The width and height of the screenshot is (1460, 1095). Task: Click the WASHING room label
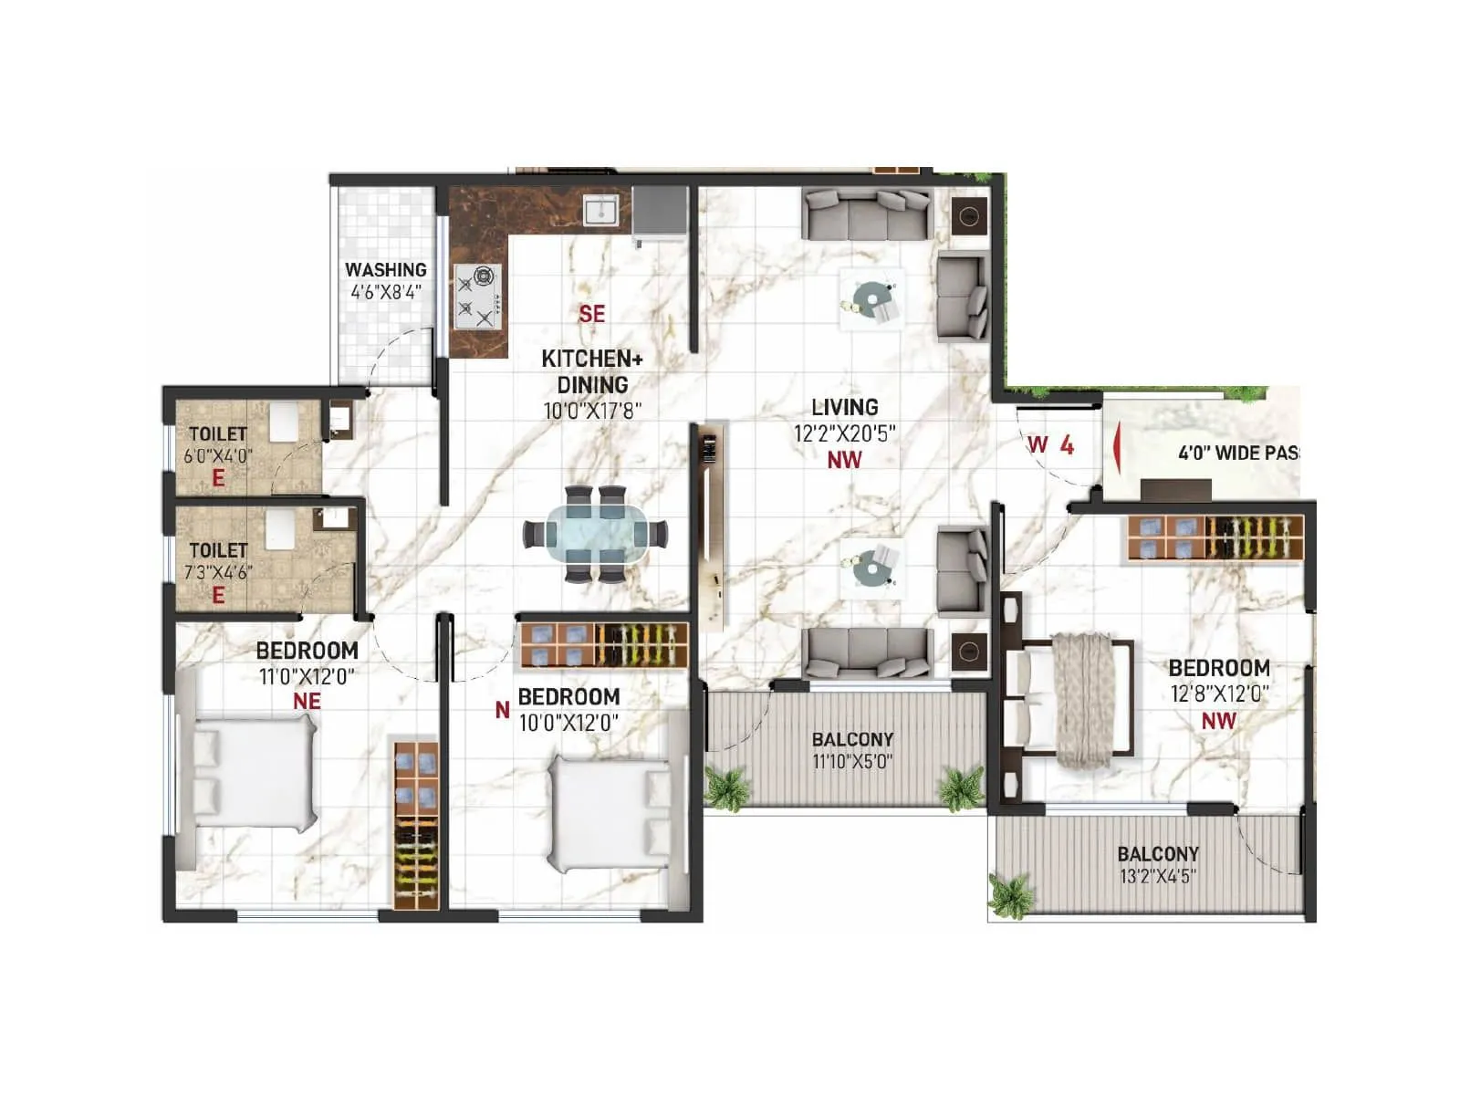pyautogui.click(x=385, y=270)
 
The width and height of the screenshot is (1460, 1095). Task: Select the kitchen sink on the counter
pyautogui.click(x=601, y=212)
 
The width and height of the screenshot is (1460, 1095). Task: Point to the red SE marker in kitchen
pyautogui.click(x=591, y=314)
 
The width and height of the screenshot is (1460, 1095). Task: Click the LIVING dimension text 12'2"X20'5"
pyautogui.click(x=844, y=433)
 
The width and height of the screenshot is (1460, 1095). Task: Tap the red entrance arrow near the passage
pyautogui.click(x=1115, y=448)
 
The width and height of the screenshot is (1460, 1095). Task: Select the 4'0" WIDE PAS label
pyautogui.click(x=1237, y=453)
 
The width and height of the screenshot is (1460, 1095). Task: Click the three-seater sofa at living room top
pyautogui.click(x=867, y=215)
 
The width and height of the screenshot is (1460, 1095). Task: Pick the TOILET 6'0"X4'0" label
pyautogui.click(x=218, y=444)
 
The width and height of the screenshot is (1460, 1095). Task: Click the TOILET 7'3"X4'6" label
pyautogui.click(x=218, y=561)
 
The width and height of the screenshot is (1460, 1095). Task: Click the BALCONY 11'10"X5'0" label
pyautogui.click(x=852, y=749)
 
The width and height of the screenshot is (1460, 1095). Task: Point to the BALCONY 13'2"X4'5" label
pyautogui.click(x=1157, y=864)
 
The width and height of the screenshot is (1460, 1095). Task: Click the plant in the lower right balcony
pyautogui.click(x=1011, y=894)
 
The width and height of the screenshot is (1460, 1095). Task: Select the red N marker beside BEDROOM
pyautogui.click(x=502, y=709)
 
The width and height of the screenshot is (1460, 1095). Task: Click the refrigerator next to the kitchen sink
pyautogui.click(x=659, y=212)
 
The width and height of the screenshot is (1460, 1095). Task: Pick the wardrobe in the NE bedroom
pyautogui.click(x=416, y=825)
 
